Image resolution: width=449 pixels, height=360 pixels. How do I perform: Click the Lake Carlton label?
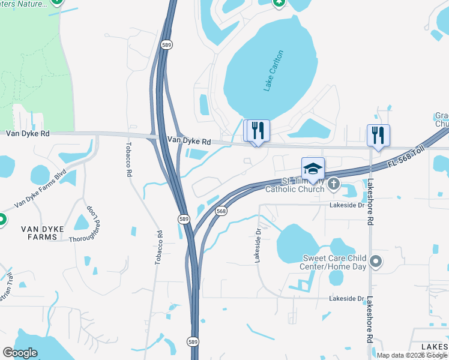[273, 71]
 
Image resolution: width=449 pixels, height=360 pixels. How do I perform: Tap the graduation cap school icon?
[313, 169]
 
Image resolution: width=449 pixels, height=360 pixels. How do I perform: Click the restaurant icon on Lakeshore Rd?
[378, 134]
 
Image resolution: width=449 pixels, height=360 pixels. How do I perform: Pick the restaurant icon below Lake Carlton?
[259, 130]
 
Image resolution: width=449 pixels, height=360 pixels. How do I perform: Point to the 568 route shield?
[221, 211]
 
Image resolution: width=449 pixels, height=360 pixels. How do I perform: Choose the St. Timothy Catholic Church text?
[303, 185]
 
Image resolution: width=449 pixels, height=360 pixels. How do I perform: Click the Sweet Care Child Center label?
[334, 263]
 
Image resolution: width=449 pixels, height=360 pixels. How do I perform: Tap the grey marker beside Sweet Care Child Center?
[376, 261]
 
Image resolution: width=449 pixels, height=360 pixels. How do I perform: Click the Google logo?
[20, 353]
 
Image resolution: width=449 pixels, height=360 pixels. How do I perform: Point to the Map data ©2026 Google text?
[412, 355]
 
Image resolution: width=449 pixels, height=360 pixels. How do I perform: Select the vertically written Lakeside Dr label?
[258, 245]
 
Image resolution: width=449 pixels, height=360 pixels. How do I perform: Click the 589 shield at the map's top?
[167, 44]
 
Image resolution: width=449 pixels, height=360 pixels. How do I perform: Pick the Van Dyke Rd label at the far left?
[28, 134]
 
